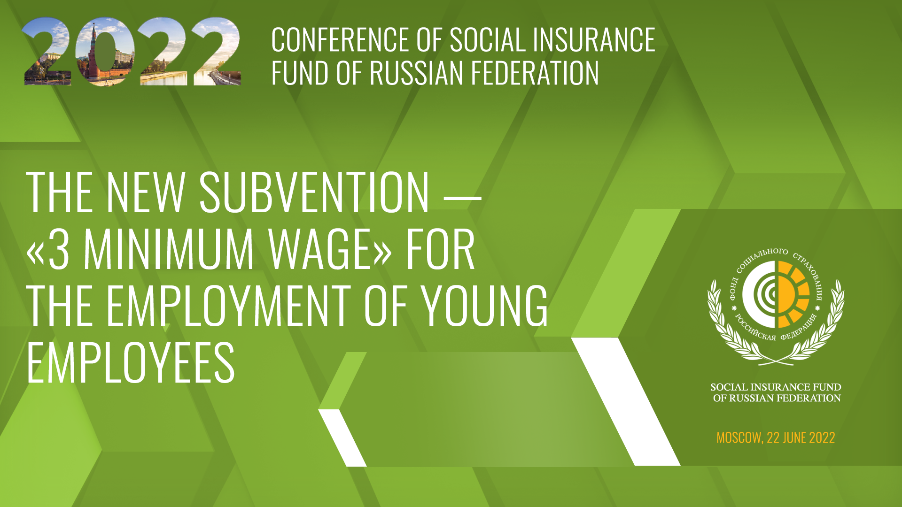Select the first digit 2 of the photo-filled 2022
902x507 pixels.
click(x=47, y=51)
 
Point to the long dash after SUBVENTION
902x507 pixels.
click(x=463, y=199)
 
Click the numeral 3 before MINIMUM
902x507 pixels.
click(x=59, y=249)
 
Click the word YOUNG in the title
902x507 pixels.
click(x=484, y=306)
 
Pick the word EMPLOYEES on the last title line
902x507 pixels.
click(x=131, y=362)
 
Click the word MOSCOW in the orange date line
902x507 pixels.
click(x=739, y=438)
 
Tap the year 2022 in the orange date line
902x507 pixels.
click(x=822, y=438)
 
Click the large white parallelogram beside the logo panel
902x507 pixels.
click(x=626, y=401)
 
